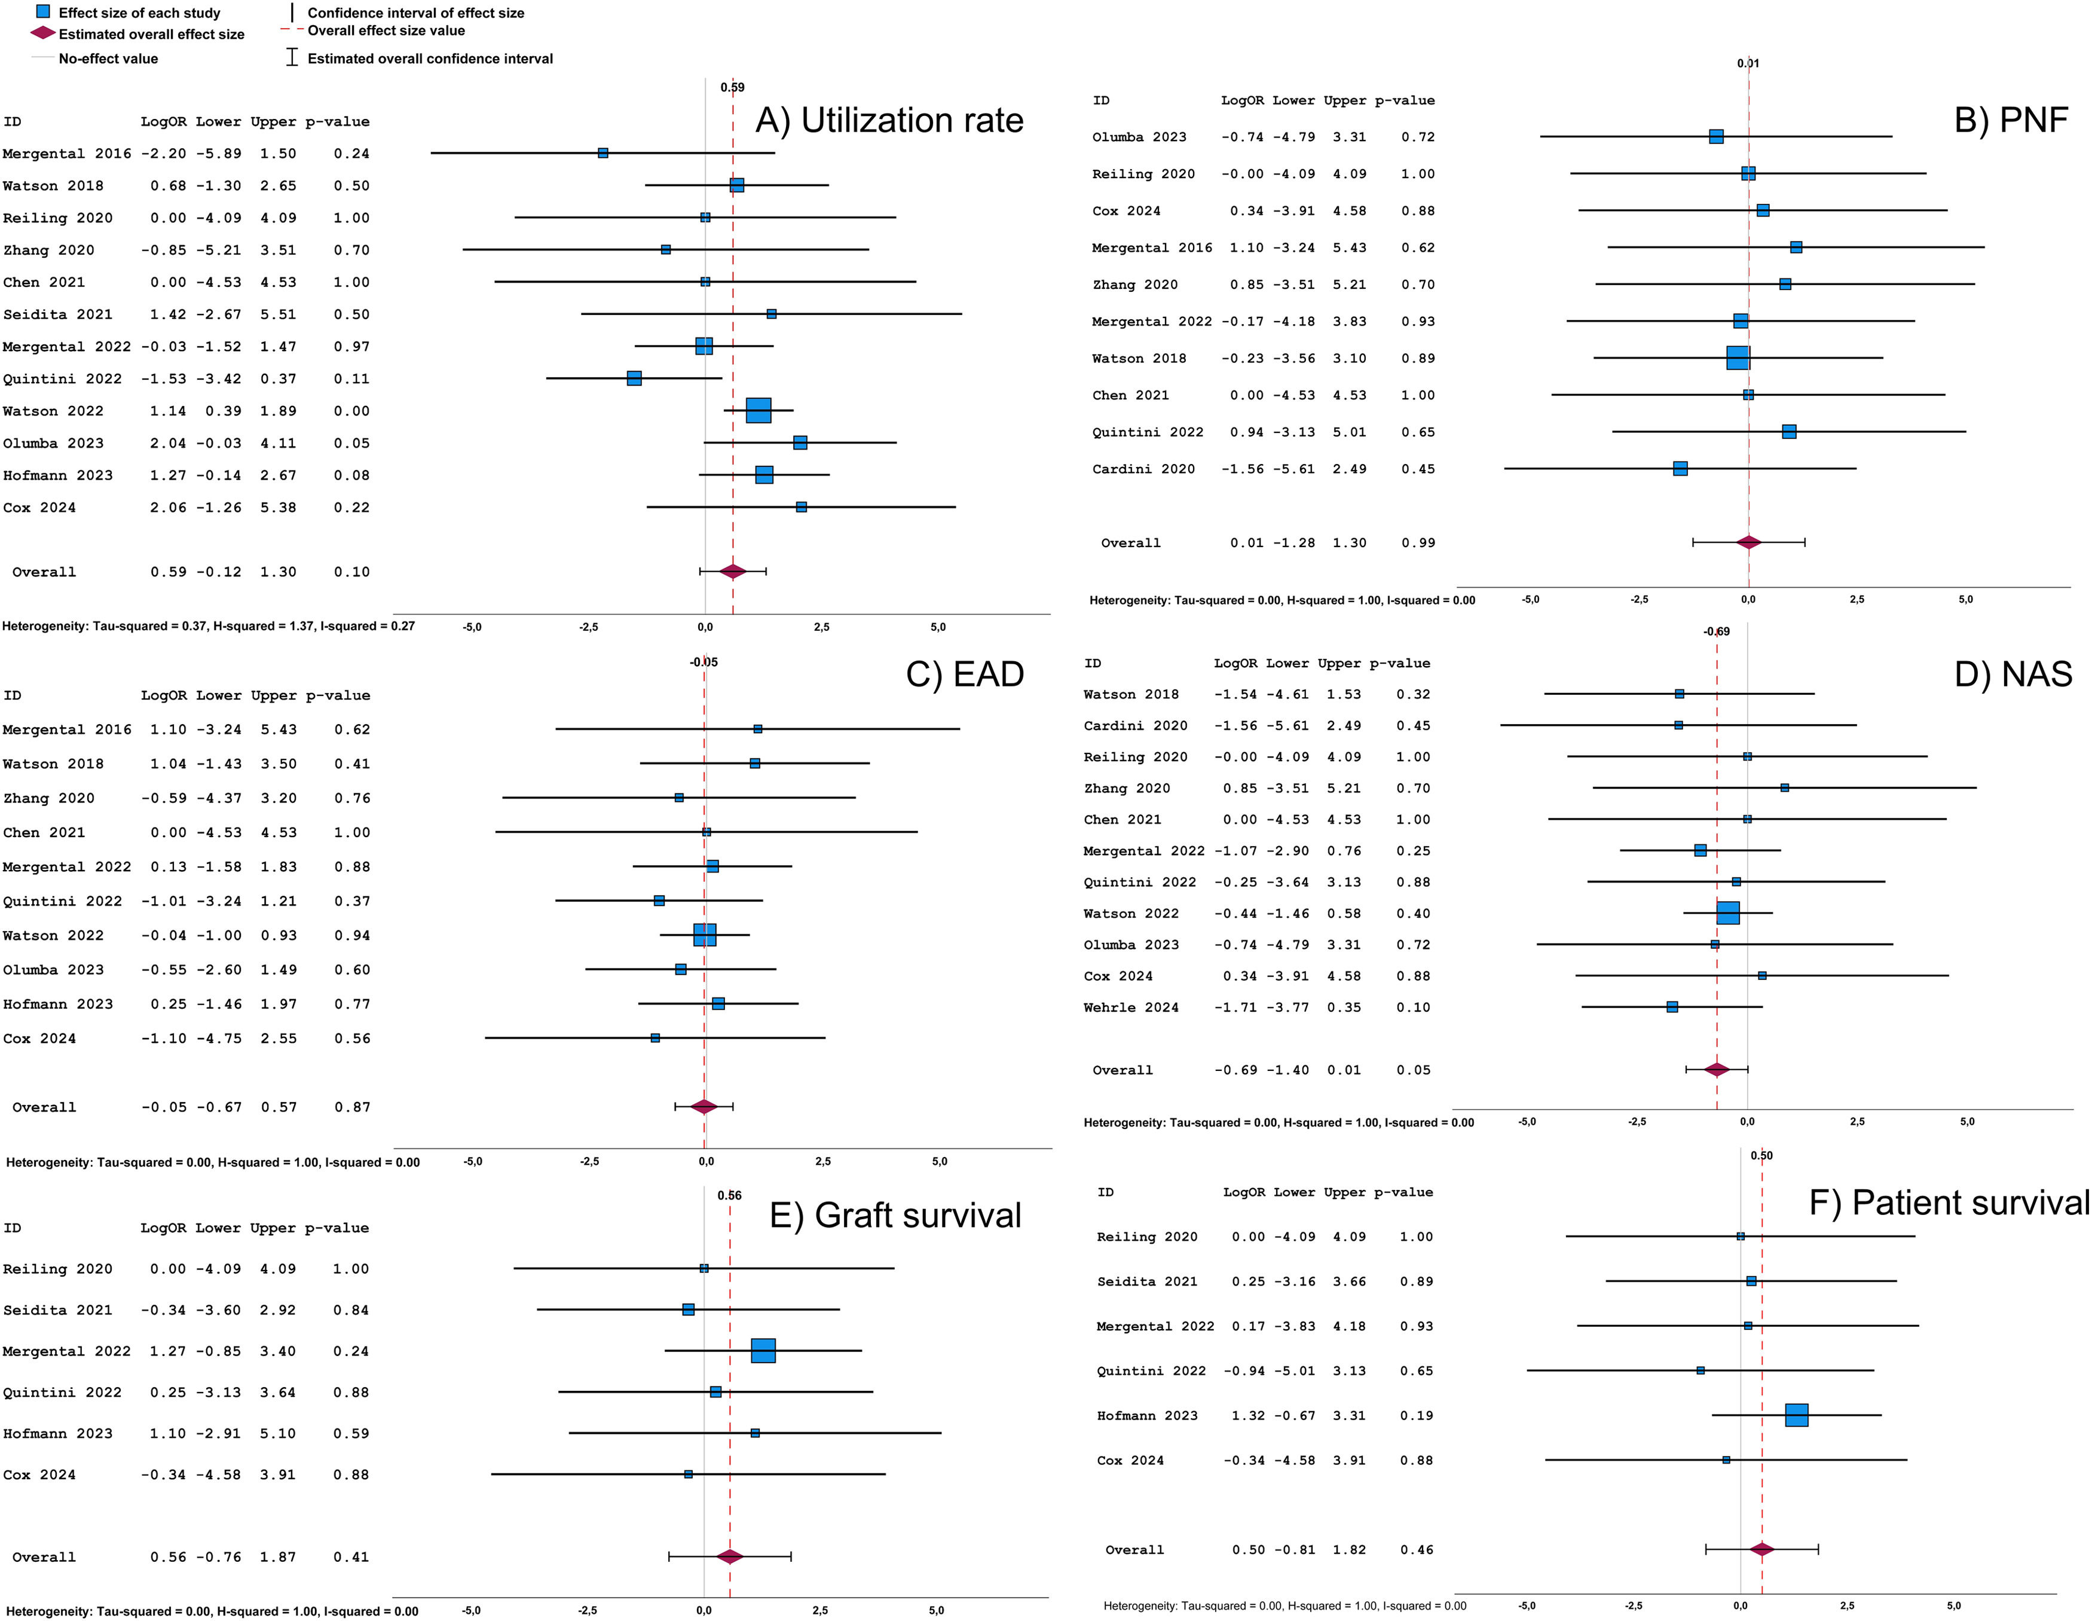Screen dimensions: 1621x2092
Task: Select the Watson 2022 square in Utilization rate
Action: click(x=758, y=410)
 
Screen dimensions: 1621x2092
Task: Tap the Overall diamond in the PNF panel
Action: click(x=1748, y=542)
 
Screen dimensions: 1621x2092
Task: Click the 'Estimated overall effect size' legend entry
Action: click(x=151, y=35)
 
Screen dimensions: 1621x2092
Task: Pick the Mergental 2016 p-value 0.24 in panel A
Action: click(x=351, y=153)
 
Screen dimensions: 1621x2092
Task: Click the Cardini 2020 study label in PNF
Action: click(x=1143, y=468)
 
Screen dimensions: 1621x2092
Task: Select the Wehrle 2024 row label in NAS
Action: click(x=1130, y=1007)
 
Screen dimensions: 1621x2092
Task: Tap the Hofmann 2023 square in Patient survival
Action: click(x=1796, y=1415)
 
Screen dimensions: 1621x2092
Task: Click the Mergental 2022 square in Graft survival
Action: click(x=763, y=1351)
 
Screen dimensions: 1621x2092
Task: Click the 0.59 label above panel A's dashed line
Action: click(x=732, y=87)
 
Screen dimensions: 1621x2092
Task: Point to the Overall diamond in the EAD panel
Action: click(x=704, y=1107)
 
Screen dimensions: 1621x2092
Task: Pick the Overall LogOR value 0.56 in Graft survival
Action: click(x=167, y=1557)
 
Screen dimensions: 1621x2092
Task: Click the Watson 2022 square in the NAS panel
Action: click(x=1727, y=913)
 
